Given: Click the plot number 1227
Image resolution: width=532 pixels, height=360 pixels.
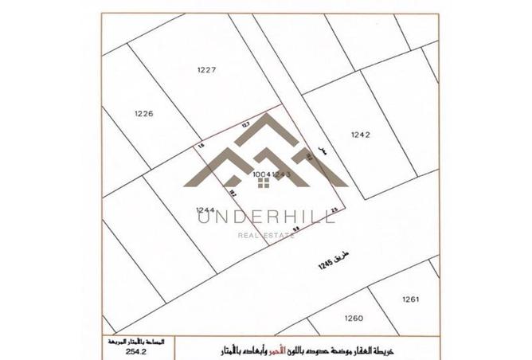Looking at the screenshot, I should coord(206,69).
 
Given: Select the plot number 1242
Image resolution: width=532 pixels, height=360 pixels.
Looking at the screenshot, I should coord(360,135).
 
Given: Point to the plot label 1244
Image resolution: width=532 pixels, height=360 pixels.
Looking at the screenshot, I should coord(206,210).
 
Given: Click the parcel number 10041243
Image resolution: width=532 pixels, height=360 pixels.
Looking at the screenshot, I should coord(274,174).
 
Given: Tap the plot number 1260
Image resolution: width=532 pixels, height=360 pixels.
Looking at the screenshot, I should coord(354,318).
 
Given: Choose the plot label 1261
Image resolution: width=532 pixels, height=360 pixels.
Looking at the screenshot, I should coord(410,300).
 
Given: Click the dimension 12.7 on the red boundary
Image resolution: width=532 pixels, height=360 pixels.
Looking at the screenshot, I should coord(245,124).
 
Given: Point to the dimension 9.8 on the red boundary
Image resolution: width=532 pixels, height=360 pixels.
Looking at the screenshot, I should coord(295,228).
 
